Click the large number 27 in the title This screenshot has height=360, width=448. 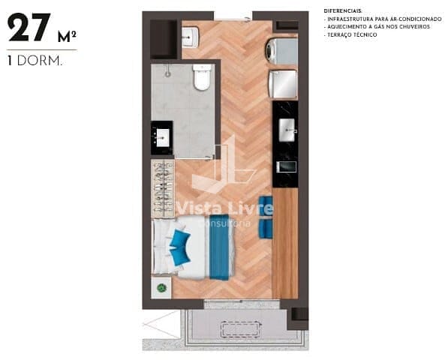29,28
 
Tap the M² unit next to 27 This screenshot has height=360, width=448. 67,36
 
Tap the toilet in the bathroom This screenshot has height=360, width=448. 202,78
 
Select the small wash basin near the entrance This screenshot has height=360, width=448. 191,36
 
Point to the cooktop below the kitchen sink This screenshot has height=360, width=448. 287,166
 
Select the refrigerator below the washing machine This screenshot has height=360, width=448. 283,84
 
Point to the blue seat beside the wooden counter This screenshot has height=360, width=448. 266,217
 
